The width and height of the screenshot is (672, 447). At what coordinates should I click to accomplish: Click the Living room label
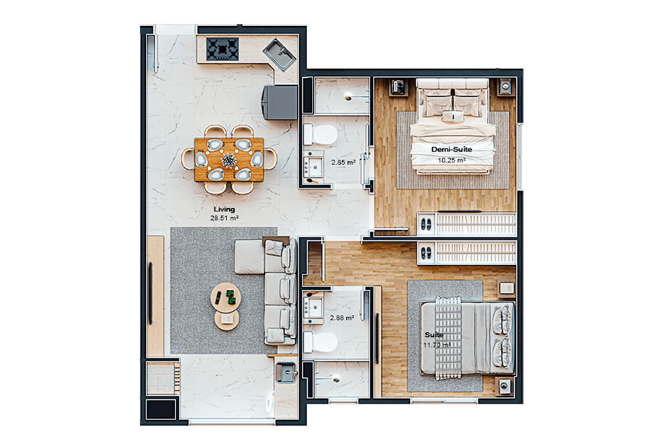[x=224, y=209]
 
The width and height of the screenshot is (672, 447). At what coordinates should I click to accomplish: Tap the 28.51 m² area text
[x=224, y=218]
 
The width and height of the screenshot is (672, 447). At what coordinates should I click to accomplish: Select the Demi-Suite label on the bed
[x=452, y=150]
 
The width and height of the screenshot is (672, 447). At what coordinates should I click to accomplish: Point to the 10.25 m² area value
[x=452, y=160]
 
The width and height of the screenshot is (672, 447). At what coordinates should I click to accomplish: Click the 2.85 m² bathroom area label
[x=343, y=162]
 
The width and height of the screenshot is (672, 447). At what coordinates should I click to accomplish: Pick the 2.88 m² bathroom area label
[x=341, y=318]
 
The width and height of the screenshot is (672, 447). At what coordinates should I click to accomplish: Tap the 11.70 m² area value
[x=437, y=345]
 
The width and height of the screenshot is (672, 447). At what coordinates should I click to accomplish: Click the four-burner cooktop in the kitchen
[x=222, y=49]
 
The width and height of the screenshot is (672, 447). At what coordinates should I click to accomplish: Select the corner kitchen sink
[x=280, y=54]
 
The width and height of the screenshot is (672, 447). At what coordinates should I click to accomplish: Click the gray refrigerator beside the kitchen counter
[x=280, y=102]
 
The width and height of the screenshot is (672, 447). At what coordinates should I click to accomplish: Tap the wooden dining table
[x=229, y=160]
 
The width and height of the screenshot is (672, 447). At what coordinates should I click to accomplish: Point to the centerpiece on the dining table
[x=229, y=160]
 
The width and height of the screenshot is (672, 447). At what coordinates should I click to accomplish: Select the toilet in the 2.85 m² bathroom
[x=320, y=135]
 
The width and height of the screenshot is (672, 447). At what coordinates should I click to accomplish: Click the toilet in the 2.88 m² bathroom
[x=320, y=343]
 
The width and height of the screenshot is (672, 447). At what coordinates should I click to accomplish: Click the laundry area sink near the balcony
[x=286, y=372]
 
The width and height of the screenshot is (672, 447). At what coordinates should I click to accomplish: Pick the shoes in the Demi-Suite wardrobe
[x=427, y=224]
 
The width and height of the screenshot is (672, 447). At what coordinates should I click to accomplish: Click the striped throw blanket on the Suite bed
[x=448, y=338]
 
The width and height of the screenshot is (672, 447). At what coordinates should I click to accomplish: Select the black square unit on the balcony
[x=161, y=409]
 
